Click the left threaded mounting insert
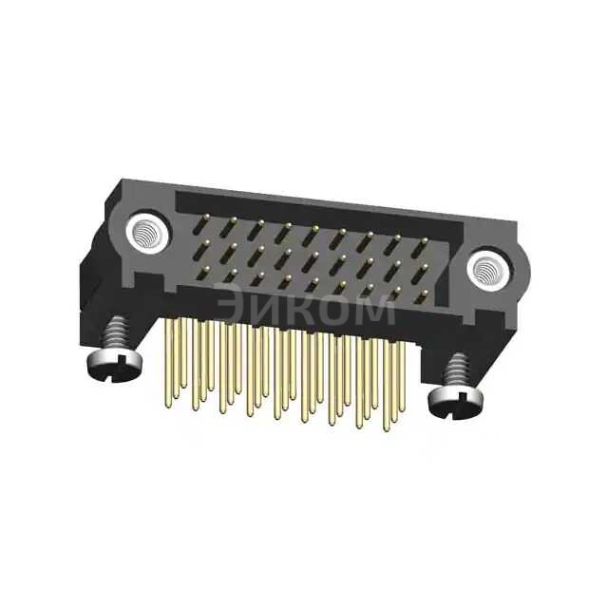(x=148, y=233)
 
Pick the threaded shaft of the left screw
(x=117, y=334)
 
